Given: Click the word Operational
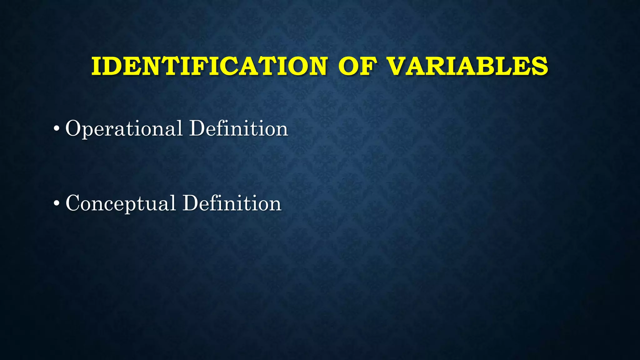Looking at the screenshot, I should click(x=124, y=129).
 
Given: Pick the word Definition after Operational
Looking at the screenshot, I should click(x=239, y=129).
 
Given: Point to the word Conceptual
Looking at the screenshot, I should click(x=121, y=203).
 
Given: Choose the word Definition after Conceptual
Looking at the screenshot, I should click(x=232, y=203).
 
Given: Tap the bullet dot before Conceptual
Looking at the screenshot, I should click(x=57, y=203).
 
